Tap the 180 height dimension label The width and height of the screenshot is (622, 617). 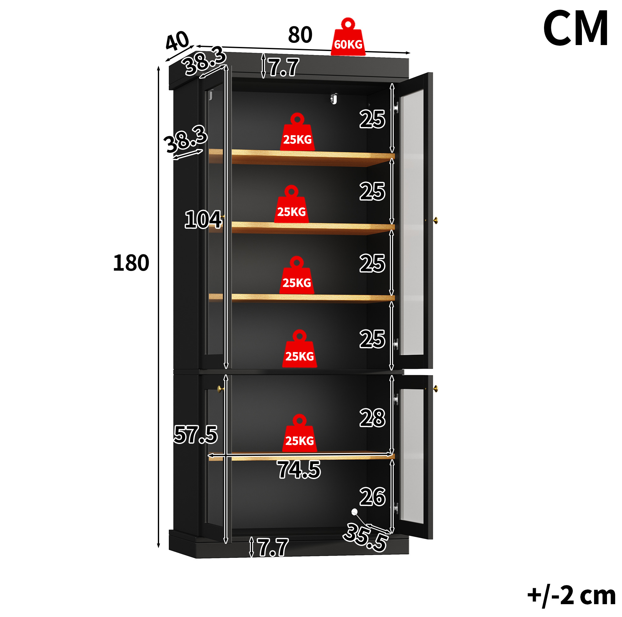point(131,263)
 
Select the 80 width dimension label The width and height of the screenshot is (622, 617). point(300,35)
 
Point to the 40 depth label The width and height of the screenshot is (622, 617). point(177,41)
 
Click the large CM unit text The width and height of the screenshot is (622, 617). point(575,28)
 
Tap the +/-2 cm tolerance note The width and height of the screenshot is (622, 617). point(572,596)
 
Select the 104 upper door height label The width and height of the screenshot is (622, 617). point(203,220)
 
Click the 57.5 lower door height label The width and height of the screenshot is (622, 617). point(195,434)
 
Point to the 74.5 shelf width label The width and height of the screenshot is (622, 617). point(299,470)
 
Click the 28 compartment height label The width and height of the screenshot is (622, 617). point(372,418)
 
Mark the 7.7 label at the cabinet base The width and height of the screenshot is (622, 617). point(273,548)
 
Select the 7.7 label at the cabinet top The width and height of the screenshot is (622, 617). point(284,68)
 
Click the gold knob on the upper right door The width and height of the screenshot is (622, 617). point(435,220)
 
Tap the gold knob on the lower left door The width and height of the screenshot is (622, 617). point(220,389)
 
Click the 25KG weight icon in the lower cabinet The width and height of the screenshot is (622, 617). point(299,433)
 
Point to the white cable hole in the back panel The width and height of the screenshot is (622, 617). point(355,512)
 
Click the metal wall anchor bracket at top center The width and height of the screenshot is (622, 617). point(334,99)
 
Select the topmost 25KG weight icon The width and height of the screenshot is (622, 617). point(297,132)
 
